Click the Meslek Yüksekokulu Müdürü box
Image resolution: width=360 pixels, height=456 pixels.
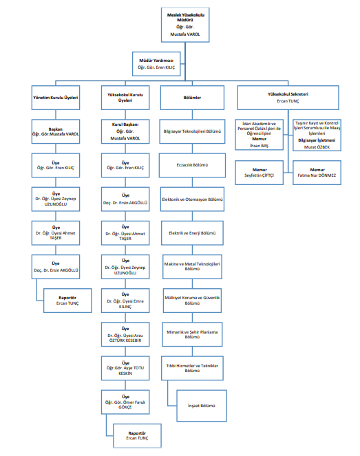point(185,25)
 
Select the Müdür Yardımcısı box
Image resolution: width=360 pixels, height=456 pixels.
point(156,64)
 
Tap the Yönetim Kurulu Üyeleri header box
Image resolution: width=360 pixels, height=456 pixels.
point(56,98)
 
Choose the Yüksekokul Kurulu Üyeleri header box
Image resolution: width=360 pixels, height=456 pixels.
point(125,98)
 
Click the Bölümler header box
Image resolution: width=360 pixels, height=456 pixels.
point(192,98)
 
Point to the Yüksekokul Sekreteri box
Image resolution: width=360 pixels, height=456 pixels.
point(288,98)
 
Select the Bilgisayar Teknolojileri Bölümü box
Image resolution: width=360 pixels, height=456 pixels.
point(192,131)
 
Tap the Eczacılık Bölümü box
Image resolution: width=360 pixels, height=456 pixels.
point(192,165)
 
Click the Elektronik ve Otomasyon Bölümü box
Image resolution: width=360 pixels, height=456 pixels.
point(192,199)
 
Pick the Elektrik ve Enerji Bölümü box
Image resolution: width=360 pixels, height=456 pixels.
point(192,233)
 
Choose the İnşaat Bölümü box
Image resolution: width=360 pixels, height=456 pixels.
point(202,406)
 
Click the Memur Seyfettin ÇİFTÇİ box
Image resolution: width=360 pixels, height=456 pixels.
point(259,173)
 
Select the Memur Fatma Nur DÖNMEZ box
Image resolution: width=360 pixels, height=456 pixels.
point(317,173)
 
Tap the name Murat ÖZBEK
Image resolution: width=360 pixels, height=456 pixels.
point(317,147)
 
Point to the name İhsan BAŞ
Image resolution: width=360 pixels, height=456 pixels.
point(259,146)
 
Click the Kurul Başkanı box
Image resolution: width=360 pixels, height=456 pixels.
point(125,131)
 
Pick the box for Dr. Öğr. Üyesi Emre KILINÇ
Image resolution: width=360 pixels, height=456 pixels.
point(125,301)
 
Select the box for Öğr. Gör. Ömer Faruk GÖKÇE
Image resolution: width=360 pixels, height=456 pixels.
point(125,402)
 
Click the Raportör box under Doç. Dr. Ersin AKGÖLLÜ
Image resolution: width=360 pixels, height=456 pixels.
point(67,301)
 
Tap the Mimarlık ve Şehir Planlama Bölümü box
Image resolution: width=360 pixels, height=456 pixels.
point(192,334)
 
